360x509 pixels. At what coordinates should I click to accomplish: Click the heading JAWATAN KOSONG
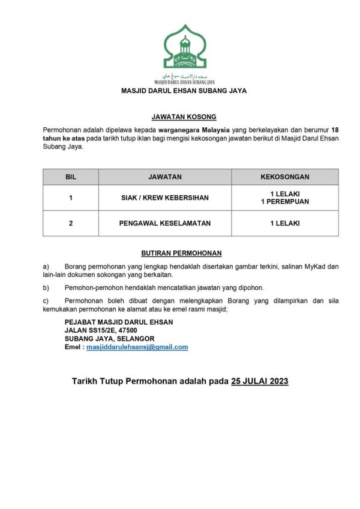click(184, 116)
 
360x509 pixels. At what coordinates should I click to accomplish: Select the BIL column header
click(71, 177)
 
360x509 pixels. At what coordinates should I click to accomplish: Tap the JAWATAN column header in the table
click(165, 177)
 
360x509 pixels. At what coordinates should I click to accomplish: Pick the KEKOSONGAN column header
click(285, 177)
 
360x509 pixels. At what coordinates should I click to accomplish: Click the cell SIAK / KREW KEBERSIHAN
click(165, 197)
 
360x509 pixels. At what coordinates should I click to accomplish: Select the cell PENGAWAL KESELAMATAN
click(165, 223)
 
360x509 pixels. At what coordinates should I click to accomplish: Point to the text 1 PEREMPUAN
click(285, 202)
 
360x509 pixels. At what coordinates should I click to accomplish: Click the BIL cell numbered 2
click(71, 223)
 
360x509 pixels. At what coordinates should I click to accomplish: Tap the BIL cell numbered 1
click(71, 197)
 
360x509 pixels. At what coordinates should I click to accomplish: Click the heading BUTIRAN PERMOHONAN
click(184, 254)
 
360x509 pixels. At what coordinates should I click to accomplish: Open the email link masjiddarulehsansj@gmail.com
click(137, 347)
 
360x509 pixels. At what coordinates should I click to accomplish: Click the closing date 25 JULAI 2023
click(260, 381)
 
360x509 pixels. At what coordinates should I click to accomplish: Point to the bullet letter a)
click(46, 265)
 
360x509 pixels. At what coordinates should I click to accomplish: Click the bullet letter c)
click(46, 301)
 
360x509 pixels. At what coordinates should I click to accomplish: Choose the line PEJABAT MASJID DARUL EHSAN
click(119, 322)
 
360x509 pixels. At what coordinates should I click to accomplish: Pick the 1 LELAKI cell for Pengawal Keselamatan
click(285, 223)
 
